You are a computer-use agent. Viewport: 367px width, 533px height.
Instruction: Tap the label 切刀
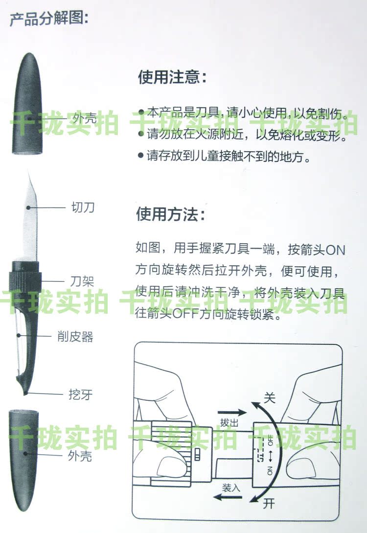click(x=83, y=207)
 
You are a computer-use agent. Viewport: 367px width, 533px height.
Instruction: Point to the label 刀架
click(x=82, y=281)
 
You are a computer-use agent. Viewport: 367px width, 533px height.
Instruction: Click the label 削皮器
click(x=75, y=337)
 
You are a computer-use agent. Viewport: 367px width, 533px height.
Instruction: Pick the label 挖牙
click(x=81, y=394)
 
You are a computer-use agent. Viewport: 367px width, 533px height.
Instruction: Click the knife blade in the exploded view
click(x=30, y=217)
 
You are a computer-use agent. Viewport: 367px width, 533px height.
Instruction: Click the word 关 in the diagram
click(x=270, y=397)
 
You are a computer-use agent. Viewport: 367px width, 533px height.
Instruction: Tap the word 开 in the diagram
click(x=269, y=504)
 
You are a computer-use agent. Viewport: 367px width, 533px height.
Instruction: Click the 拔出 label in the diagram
click(x=229, y=423)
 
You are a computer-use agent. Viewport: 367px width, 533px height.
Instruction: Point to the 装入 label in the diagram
click(x=231, y=488)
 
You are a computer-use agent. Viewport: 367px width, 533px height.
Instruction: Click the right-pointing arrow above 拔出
click(x=232, y=413)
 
